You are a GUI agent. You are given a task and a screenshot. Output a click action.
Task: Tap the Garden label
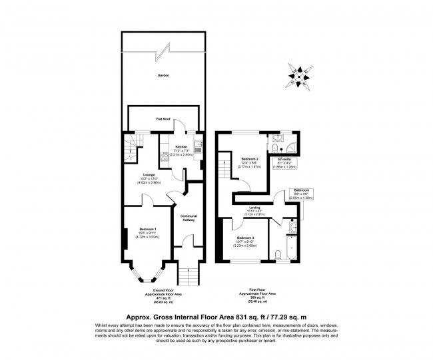(163, 75)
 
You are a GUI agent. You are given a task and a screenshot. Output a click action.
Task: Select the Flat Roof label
(163, 118)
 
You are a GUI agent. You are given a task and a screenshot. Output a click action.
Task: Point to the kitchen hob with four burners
(164, 158)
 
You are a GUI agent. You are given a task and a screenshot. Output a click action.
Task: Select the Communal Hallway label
(188, 218)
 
